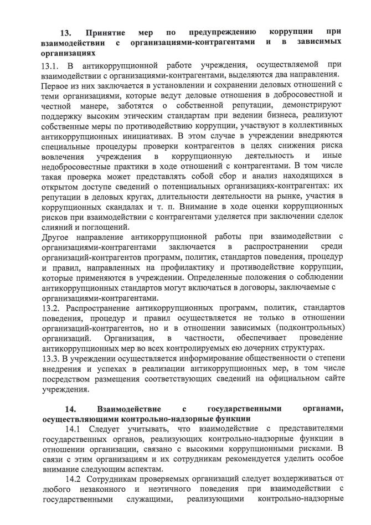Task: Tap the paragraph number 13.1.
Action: click(x=51, y=66)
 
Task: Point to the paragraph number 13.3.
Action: click(x=51, y=358)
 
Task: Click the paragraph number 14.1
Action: click(x=74, y=429)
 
